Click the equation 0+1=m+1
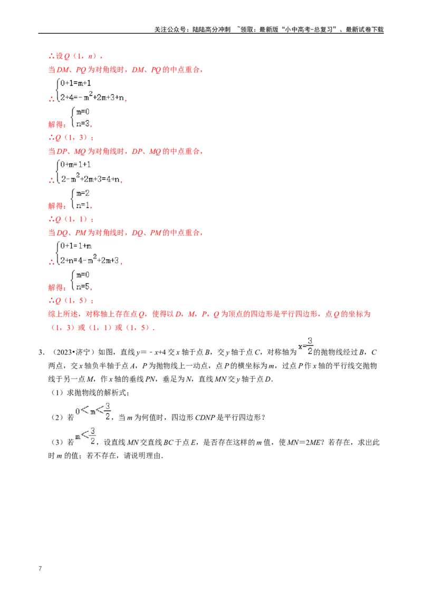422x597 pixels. pos(76,83)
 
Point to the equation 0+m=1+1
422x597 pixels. pos(76,165)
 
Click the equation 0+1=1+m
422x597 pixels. pos(76,246)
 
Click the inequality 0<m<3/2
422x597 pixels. pos(94,411)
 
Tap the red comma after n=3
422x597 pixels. pos(92,126)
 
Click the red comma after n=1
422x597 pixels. pos(92,207)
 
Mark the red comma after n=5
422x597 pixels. pos(92,288)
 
